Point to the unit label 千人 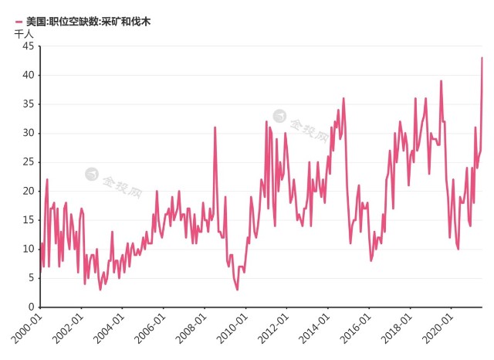[x=25, y=34]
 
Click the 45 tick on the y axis [x=27, y=46]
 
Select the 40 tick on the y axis [x=27, y=75]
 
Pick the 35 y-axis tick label [x=27, y=104]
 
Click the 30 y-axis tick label [x=27, y=133]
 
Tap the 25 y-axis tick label [x=27, y=162]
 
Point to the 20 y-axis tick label [x=27, y=191]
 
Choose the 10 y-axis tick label [x=27, y=249]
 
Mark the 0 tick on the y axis [x=30, y=307]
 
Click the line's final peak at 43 [x=482, y=58]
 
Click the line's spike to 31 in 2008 [x=215, y=127]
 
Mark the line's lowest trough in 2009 [x=237, y=289]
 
